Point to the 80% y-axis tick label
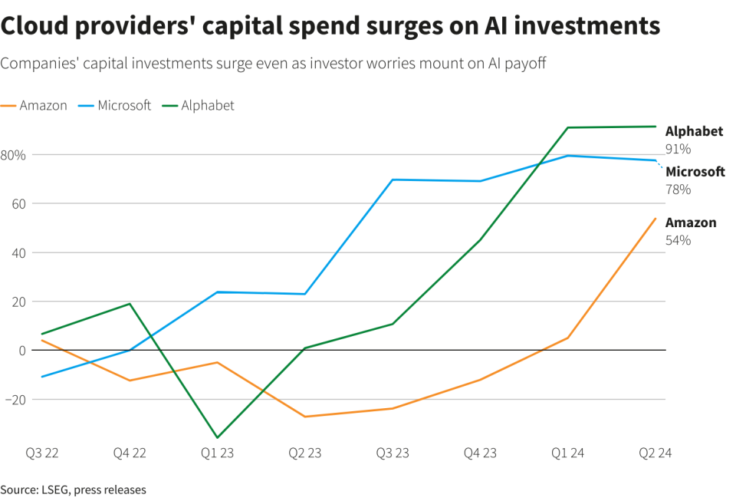coord(13,155)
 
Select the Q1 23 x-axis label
coord(217,453)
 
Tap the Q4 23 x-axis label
coord(479,453)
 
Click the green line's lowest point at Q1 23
coord(217,438)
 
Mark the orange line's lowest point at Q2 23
coord(304,417)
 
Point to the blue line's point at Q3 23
coord(393,180)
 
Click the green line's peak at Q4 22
coord(130,304)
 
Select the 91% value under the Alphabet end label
coord(678,149)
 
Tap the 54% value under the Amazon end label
coord(678,240)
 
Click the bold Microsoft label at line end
coord(695,172)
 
